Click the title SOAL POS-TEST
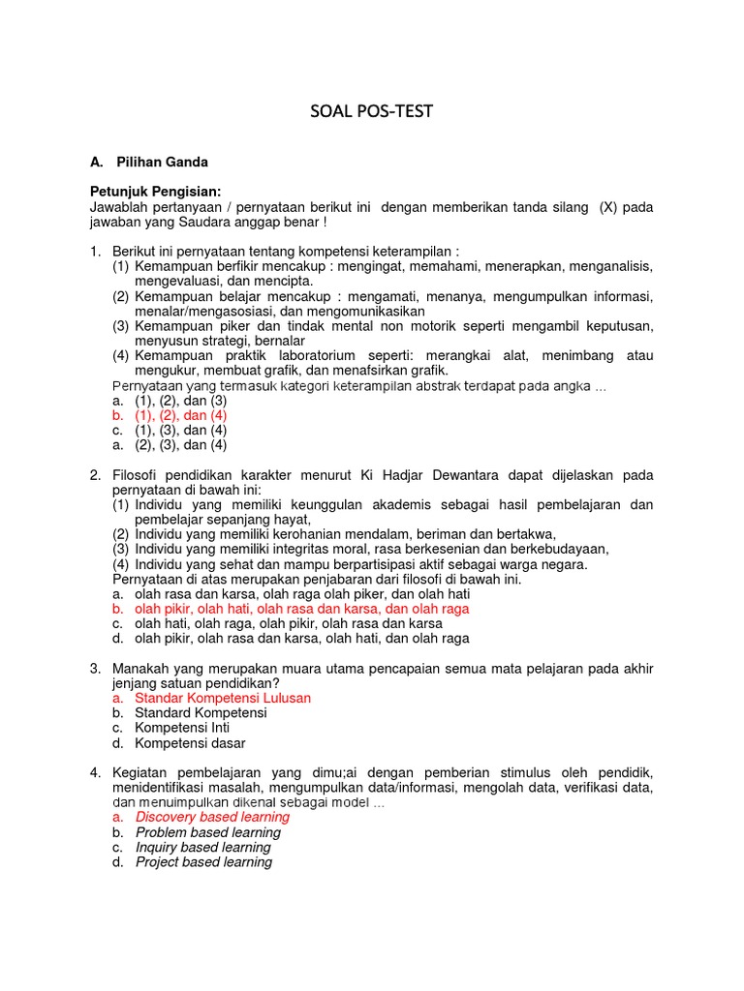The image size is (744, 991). pyautogui.click(x=371, y=112)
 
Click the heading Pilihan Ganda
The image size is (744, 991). pyautogui.click(x=162, y=162)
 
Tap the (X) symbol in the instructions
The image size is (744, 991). pyautogui.click(x=607, y=207)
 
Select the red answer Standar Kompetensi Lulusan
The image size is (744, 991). pyautogui.click(x=223, y=698)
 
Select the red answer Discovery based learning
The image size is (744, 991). pyautogui.click(x=212, y=817)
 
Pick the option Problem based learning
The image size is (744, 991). pyautogui.click(x=207, y=832)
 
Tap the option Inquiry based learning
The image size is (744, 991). pyautogui.click(x=202, y=847)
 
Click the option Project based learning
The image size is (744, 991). pyautogui.click(x=203, y=862)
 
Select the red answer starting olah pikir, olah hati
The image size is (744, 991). pyautogui.click(x=301, y=609)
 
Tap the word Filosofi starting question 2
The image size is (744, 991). pyautogui.click(x=138, y=475)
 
